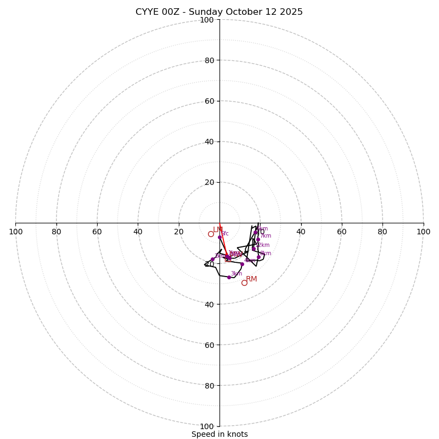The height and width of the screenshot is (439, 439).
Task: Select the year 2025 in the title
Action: (290, 12)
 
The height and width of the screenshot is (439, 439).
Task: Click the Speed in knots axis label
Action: (219, 434)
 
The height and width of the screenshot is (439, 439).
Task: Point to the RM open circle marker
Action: (244, 283)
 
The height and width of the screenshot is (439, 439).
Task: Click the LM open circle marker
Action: (211, 234)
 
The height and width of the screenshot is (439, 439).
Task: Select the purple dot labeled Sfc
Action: (220, 238)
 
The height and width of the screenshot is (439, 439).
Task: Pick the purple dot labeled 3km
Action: (229, 277)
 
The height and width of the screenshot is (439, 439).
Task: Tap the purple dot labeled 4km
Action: (242, 264)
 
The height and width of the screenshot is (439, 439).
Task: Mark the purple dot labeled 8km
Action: (258, 257)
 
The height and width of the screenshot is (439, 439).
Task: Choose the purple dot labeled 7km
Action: (258, 239)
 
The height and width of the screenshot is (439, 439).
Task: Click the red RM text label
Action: (251, 279)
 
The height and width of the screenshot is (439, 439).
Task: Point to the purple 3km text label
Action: (237, 273)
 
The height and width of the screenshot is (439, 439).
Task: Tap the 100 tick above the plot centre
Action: (206, 20)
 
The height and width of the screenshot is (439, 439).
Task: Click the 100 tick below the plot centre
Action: (206, 426)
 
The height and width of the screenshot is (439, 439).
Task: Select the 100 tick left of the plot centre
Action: (16, 232)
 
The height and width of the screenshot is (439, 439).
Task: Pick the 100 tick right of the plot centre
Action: (423, 232)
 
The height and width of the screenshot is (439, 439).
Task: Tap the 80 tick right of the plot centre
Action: (382, 232)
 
